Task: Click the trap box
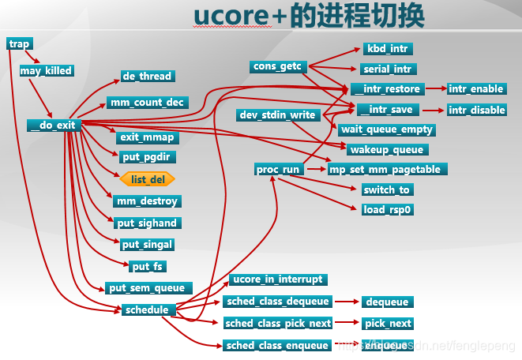[19, 44]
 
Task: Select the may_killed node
[46, 70]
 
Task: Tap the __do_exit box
[54, 125]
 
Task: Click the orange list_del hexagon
[148, 179]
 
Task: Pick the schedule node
[146, 309]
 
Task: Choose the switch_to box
[387, 189]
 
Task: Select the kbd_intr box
[388, 49]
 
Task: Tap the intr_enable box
[476, 88]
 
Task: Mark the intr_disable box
[477, 110]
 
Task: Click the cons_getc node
[278, 66]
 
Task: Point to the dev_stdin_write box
[277, 115]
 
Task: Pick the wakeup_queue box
[386, 149]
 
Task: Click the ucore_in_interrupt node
[278, 279]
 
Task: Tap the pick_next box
[387, 323]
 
